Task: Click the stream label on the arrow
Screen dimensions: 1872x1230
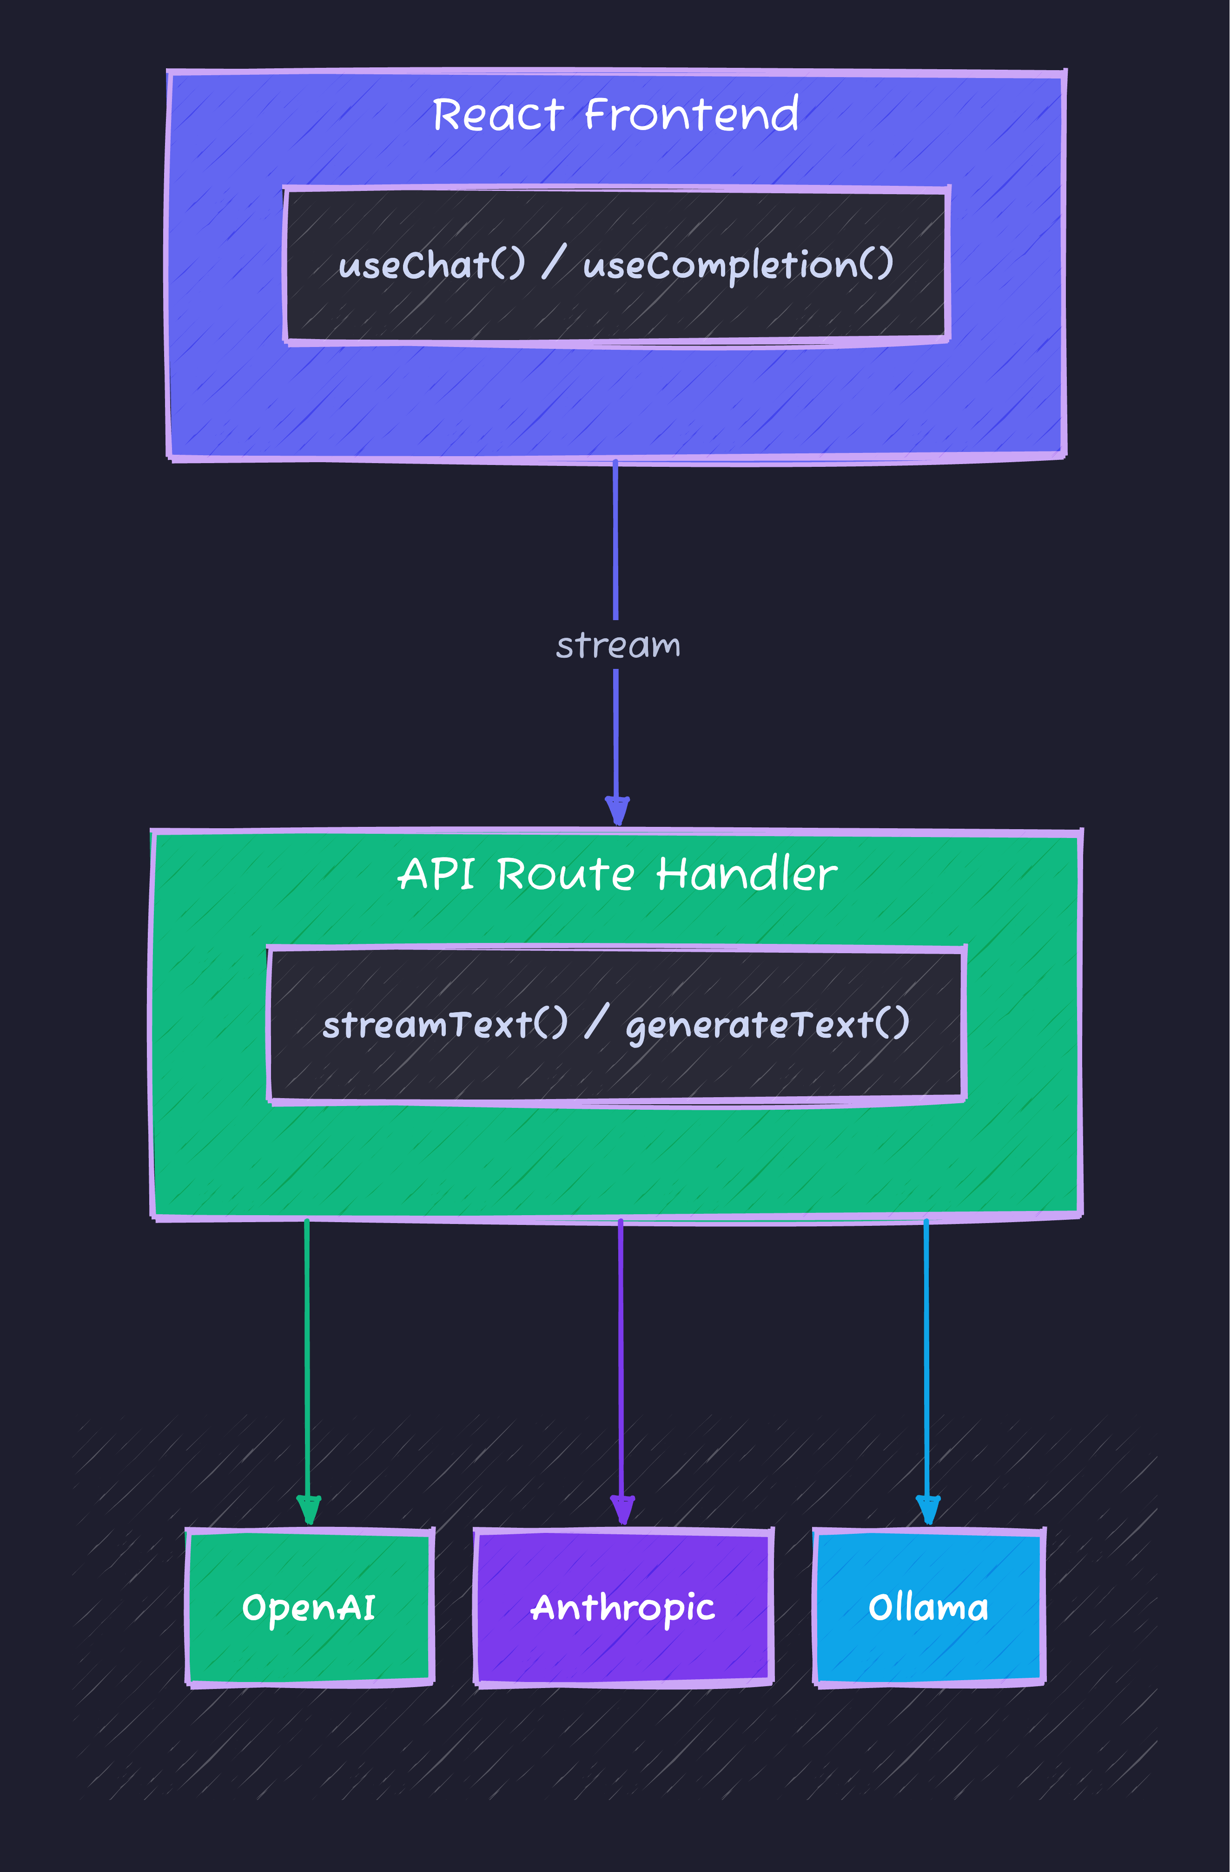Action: (x=618, y=646)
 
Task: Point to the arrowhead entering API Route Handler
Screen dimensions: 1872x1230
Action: (x=617, y=810)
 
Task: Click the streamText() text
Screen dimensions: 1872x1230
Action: (x=444, y=1024)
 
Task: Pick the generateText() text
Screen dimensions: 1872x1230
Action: (x=767, y=1025)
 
